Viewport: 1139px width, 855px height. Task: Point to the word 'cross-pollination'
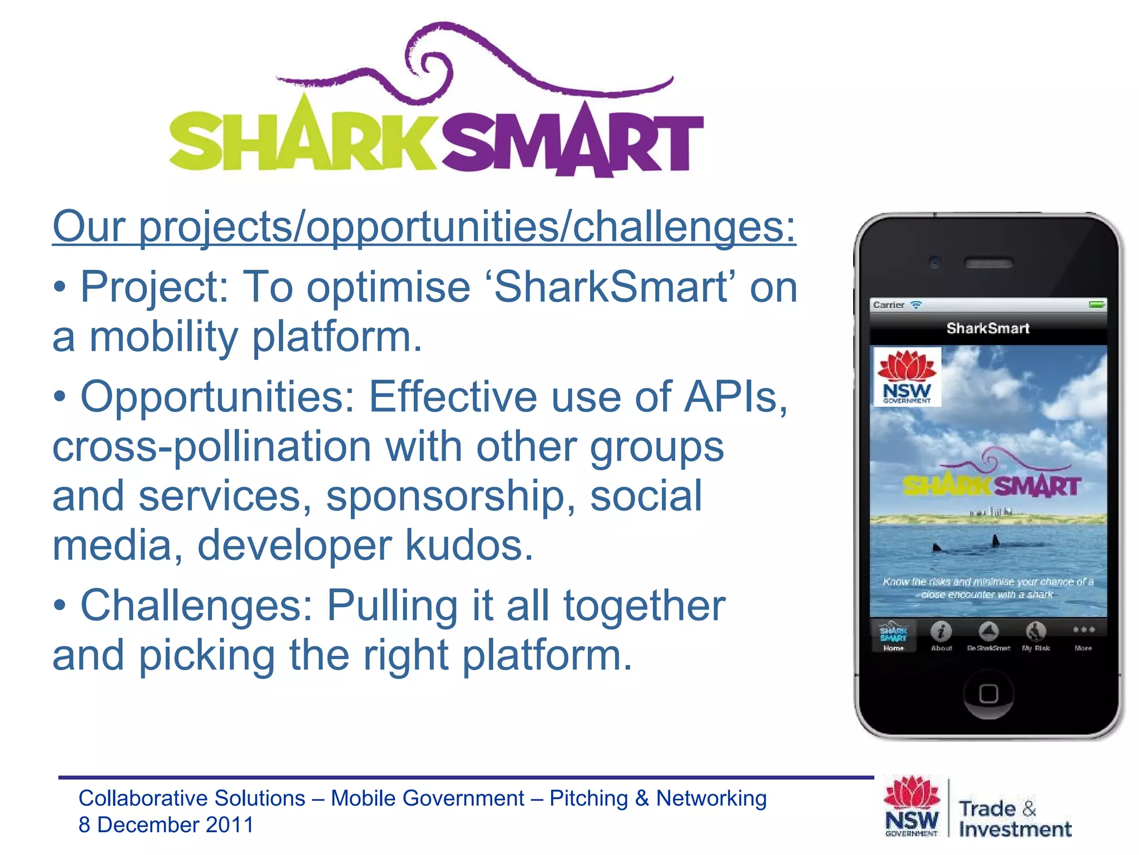pos(211,446)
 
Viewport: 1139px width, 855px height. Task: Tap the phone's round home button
pos(988,694)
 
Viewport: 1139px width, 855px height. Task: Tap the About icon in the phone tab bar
pos(941,635)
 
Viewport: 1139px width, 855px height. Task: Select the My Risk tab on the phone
pos(1036,635)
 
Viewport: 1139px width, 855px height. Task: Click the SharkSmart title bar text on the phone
pos(988,328)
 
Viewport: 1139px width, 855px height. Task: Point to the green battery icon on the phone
pos(1096,304)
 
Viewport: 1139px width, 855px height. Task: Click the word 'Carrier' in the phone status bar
pos(888,305)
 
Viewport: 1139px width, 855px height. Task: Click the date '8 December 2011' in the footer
pos(166,825)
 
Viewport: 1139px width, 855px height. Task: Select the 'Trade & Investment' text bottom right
pos(1014,819)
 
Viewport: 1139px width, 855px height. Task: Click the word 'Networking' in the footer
pos(711,798)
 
